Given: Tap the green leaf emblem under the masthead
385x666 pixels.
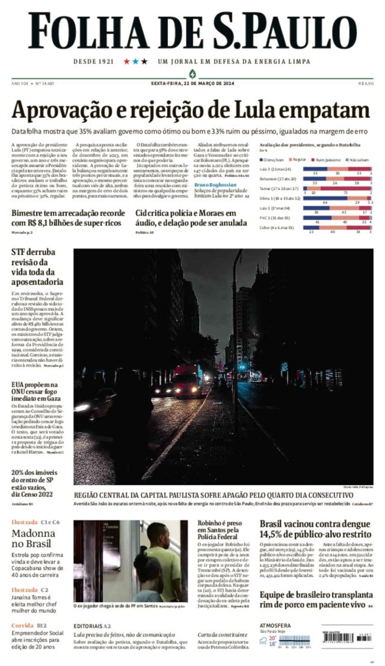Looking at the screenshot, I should click(192, 73).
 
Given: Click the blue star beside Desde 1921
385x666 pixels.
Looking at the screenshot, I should click(136, 61).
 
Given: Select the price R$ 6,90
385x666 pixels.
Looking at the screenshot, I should click(366, 83).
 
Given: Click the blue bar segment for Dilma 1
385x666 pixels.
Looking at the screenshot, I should click(325, 198).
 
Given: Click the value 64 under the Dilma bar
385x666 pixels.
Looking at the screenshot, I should click(325, 203).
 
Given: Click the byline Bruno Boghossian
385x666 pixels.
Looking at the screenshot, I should click(215, 185).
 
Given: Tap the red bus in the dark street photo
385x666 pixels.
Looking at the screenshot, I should click(187, 381).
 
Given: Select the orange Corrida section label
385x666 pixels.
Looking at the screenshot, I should click(23, 625).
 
